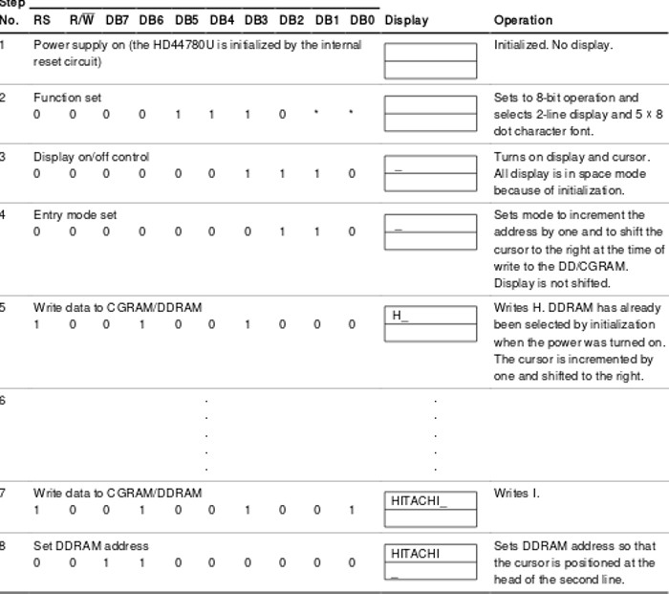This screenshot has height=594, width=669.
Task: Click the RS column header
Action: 41,20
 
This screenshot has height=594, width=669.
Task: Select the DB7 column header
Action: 117,20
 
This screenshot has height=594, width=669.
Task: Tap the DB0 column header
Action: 361,20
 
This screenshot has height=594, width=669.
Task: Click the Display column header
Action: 406,20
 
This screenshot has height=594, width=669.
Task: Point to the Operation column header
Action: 523,20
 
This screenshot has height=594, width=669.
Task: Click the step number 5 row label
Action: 3,307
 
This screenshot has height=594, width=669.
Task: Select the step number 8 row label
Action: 3,546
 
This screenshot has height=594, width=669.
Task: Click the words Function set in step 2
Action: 67,98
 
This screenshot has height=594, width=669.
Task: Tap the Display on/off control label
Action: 91,157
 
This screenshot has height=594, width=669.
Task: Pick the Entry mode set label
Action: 75,215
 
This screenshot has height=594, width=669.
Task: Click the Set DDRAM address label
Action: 91,546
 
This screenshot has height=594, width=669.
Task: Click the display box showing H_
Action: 430,323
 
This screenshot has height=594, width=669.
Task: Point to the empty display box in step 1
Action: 430,59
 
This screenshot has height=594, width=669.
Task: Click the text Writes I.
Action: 516,494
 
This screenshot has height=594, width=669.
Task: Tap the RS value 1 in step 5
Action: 36,324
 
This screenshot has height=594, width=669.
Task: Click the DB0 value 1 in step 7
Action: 352,510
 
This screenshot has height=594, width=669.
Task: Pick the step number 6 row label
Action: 3,400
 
